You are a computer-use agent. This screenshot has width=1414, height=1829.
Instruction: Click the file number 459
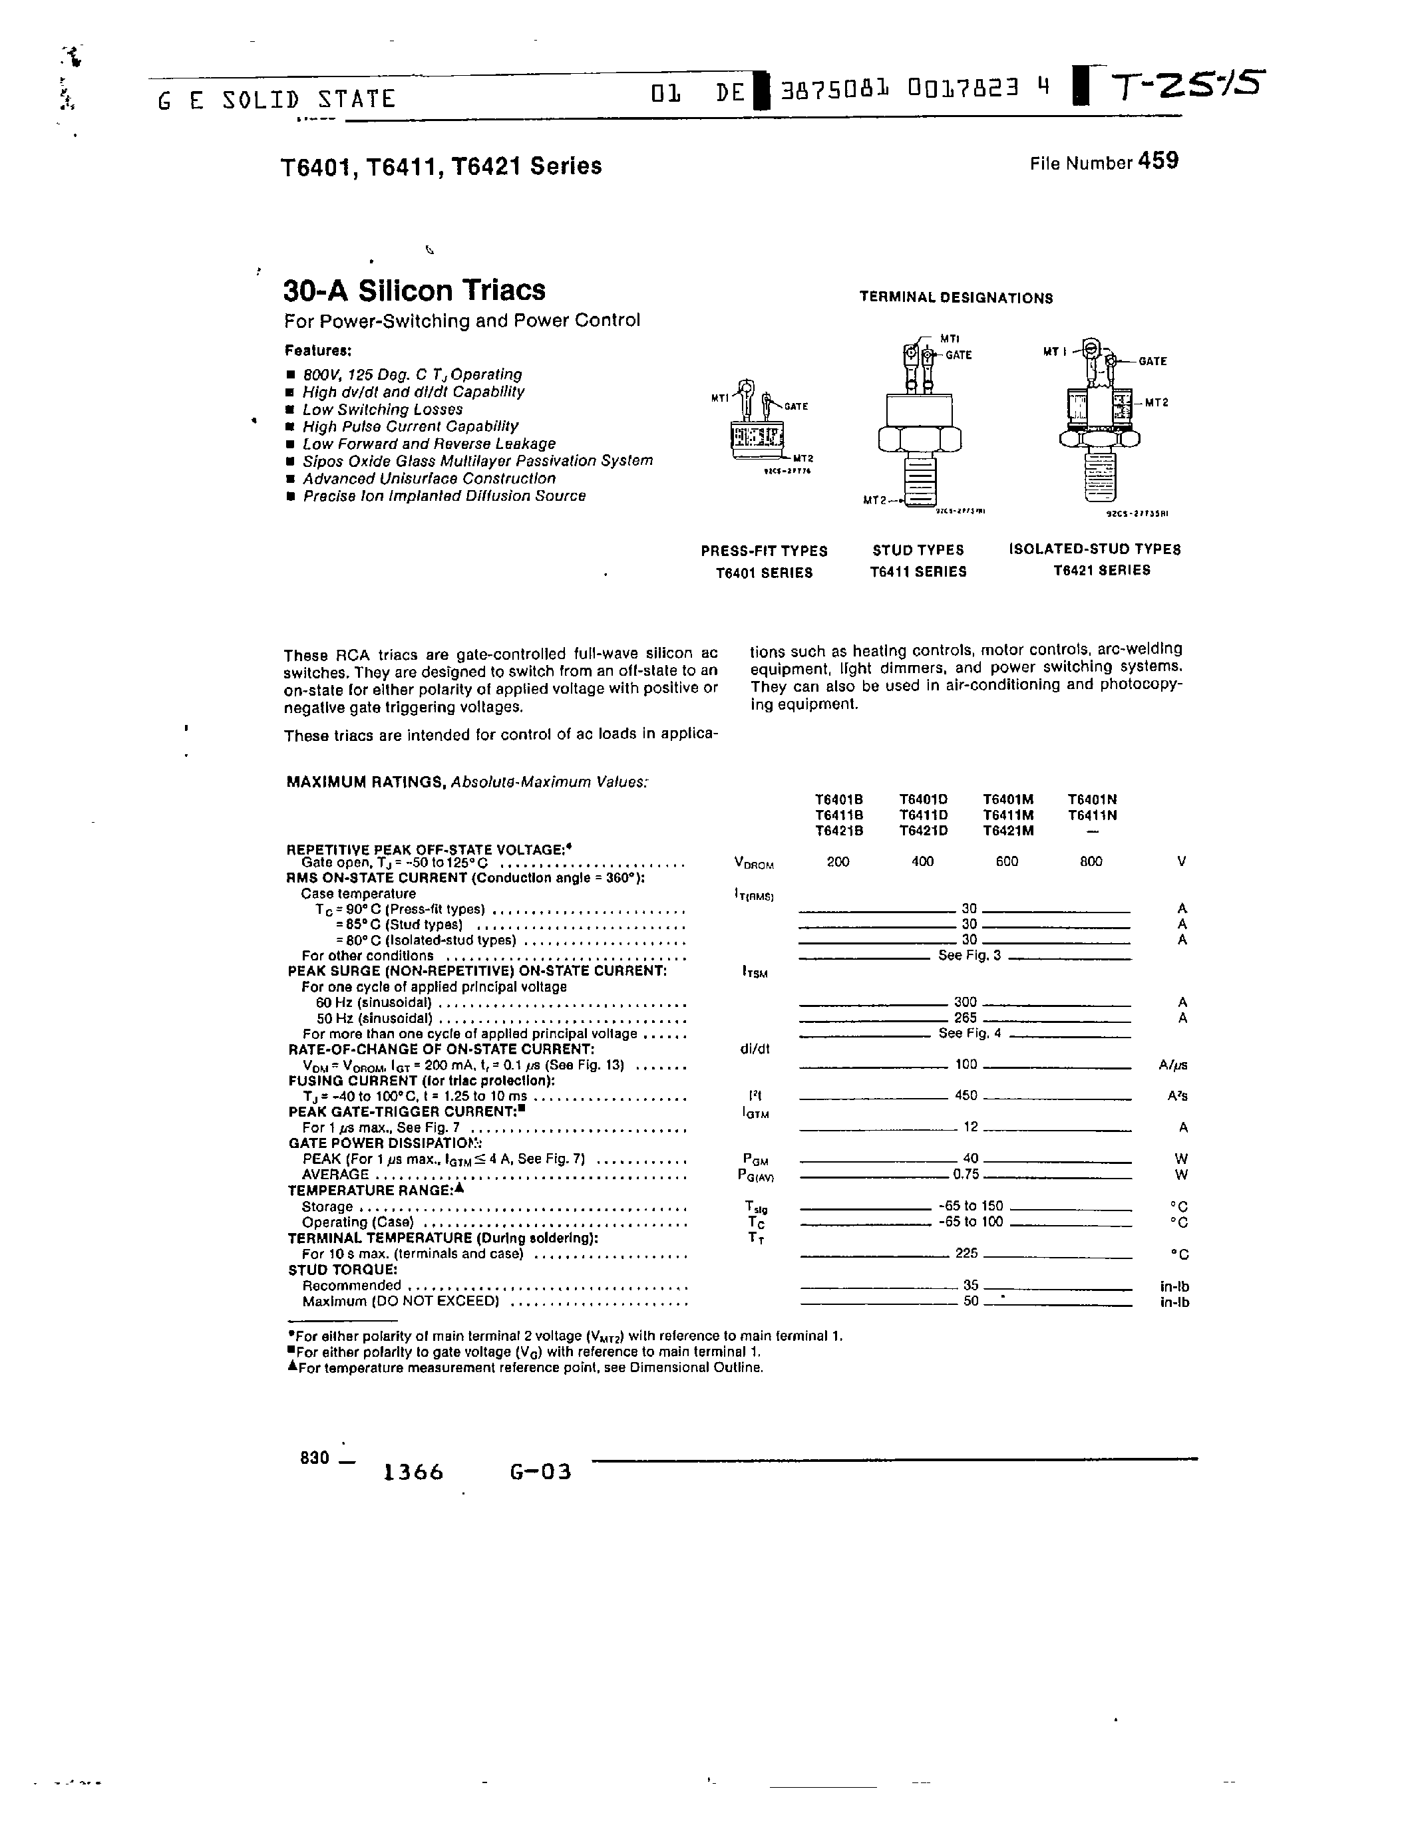tap(1158, 161)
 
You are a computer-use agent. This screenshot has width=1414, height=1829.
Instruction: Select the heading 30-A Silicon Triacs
tap(414, 291)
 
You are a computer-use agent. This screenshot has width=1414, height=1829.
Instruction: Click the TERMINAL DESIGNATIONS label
tap(956, 298)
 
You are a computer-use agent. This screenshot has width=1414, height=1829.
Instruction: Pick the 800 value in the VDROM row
tap(1091, 861)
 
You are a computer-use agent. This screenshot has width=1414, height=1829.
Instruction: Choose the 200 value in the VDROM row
tap(838, 861)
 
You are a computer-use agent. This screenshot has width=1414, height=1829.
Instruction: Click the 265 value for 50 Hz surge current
tap(965, 1018)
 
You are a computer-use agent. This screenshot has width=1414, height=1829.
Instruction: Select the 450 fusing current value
tap(966, 1095)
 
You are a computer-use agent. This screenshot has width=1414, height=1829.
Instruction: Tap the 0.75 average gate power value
tap(966, 1174)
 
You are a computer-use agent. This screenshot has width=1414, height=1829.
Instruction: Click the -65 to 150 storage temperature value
tap(971, 1206)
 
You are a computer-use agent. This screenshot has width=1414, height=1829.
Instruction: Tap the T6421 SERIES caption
tap(1101, 570)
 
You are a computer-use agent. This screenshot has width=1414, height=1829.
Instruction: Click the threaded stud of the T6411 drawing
tap(920, 478)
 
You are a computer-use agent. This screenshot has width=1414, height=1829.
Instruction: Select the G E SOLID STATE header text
tap(276, 100)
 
